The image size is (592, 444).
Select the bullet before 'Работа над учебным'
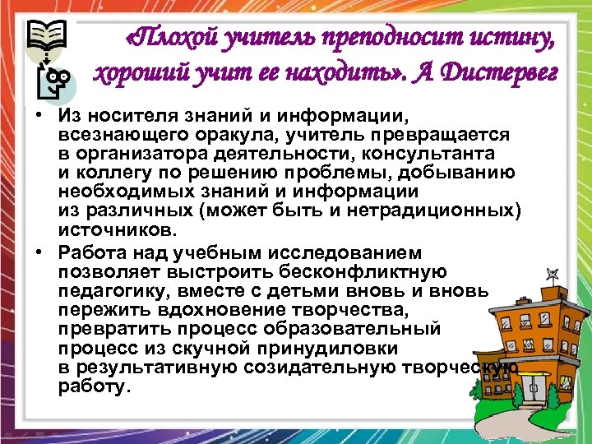point(39,253)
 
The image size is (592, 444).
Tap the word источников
point(114,230)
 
